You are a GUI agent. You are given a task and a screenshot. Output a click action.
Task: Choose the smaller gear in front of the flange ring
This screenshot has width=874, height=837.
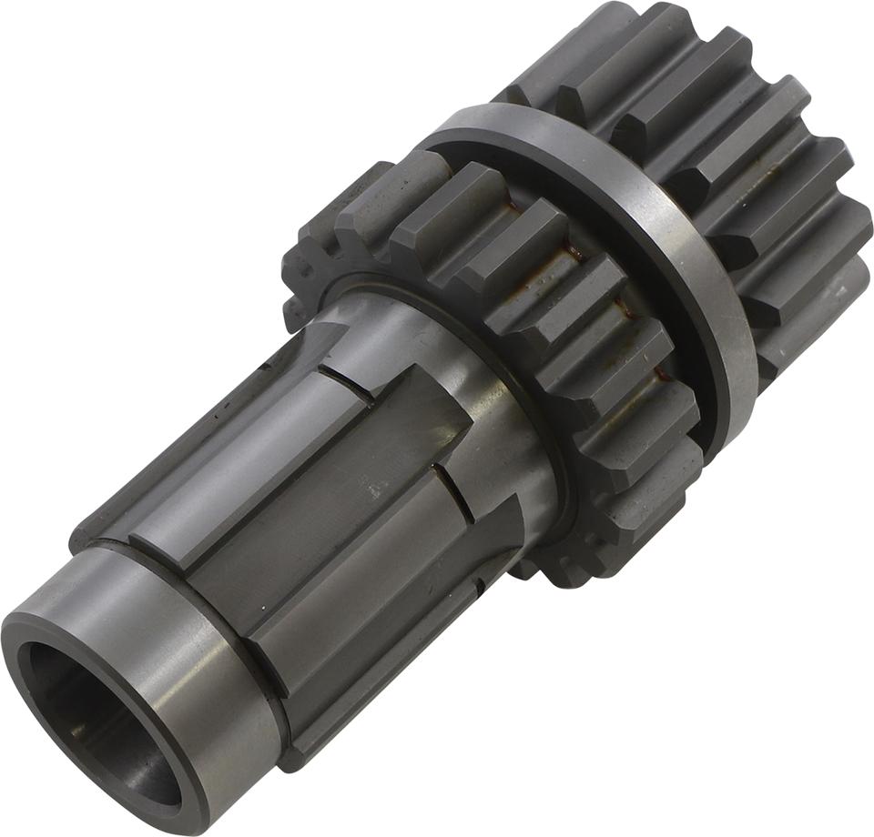(510, 300)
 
